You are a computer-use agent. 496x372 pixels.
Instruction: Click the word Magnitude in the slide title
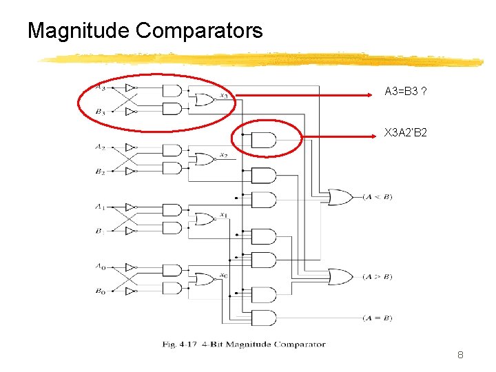[x=79, y=31]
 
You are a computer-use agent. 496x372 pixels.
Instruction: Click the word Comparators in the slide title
[x=199, y=31]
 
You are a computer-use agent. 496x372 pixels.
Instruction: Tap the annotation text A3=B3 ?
[x=405, y=91]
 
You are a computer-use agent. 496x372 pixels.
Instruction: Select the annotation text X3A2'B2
[x=406, y=132]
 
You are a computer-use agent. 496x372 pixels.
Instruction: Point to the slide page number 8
[x=460, y=355]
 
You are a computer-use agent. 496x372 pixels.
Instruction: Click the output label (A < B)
[x=378, y=197]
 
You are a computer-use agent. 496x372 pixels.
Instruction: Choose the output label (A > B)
[x=378, y=277]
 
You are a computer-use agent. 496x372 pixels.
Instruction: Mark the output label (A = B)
[x=378, y=318]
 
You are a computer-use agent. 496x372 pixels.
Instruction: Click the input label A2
[x=101, y=147]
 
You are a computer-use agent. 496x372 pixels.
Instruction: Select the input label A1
[x=101, y=206]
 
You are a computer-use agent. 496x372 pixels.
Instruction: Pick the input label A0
[x=101, y=266]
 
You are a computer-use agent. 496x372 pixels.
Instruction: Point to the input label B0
[x=101, y=291]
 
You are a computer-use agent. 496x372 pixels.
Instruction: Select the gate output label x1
[x=223, y=215]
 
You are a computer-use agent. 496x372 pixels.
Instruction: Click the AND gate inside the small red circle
[x=264, y=140]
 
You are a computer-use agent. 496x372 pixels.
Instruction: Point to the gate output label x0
[x=223, y=275]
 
